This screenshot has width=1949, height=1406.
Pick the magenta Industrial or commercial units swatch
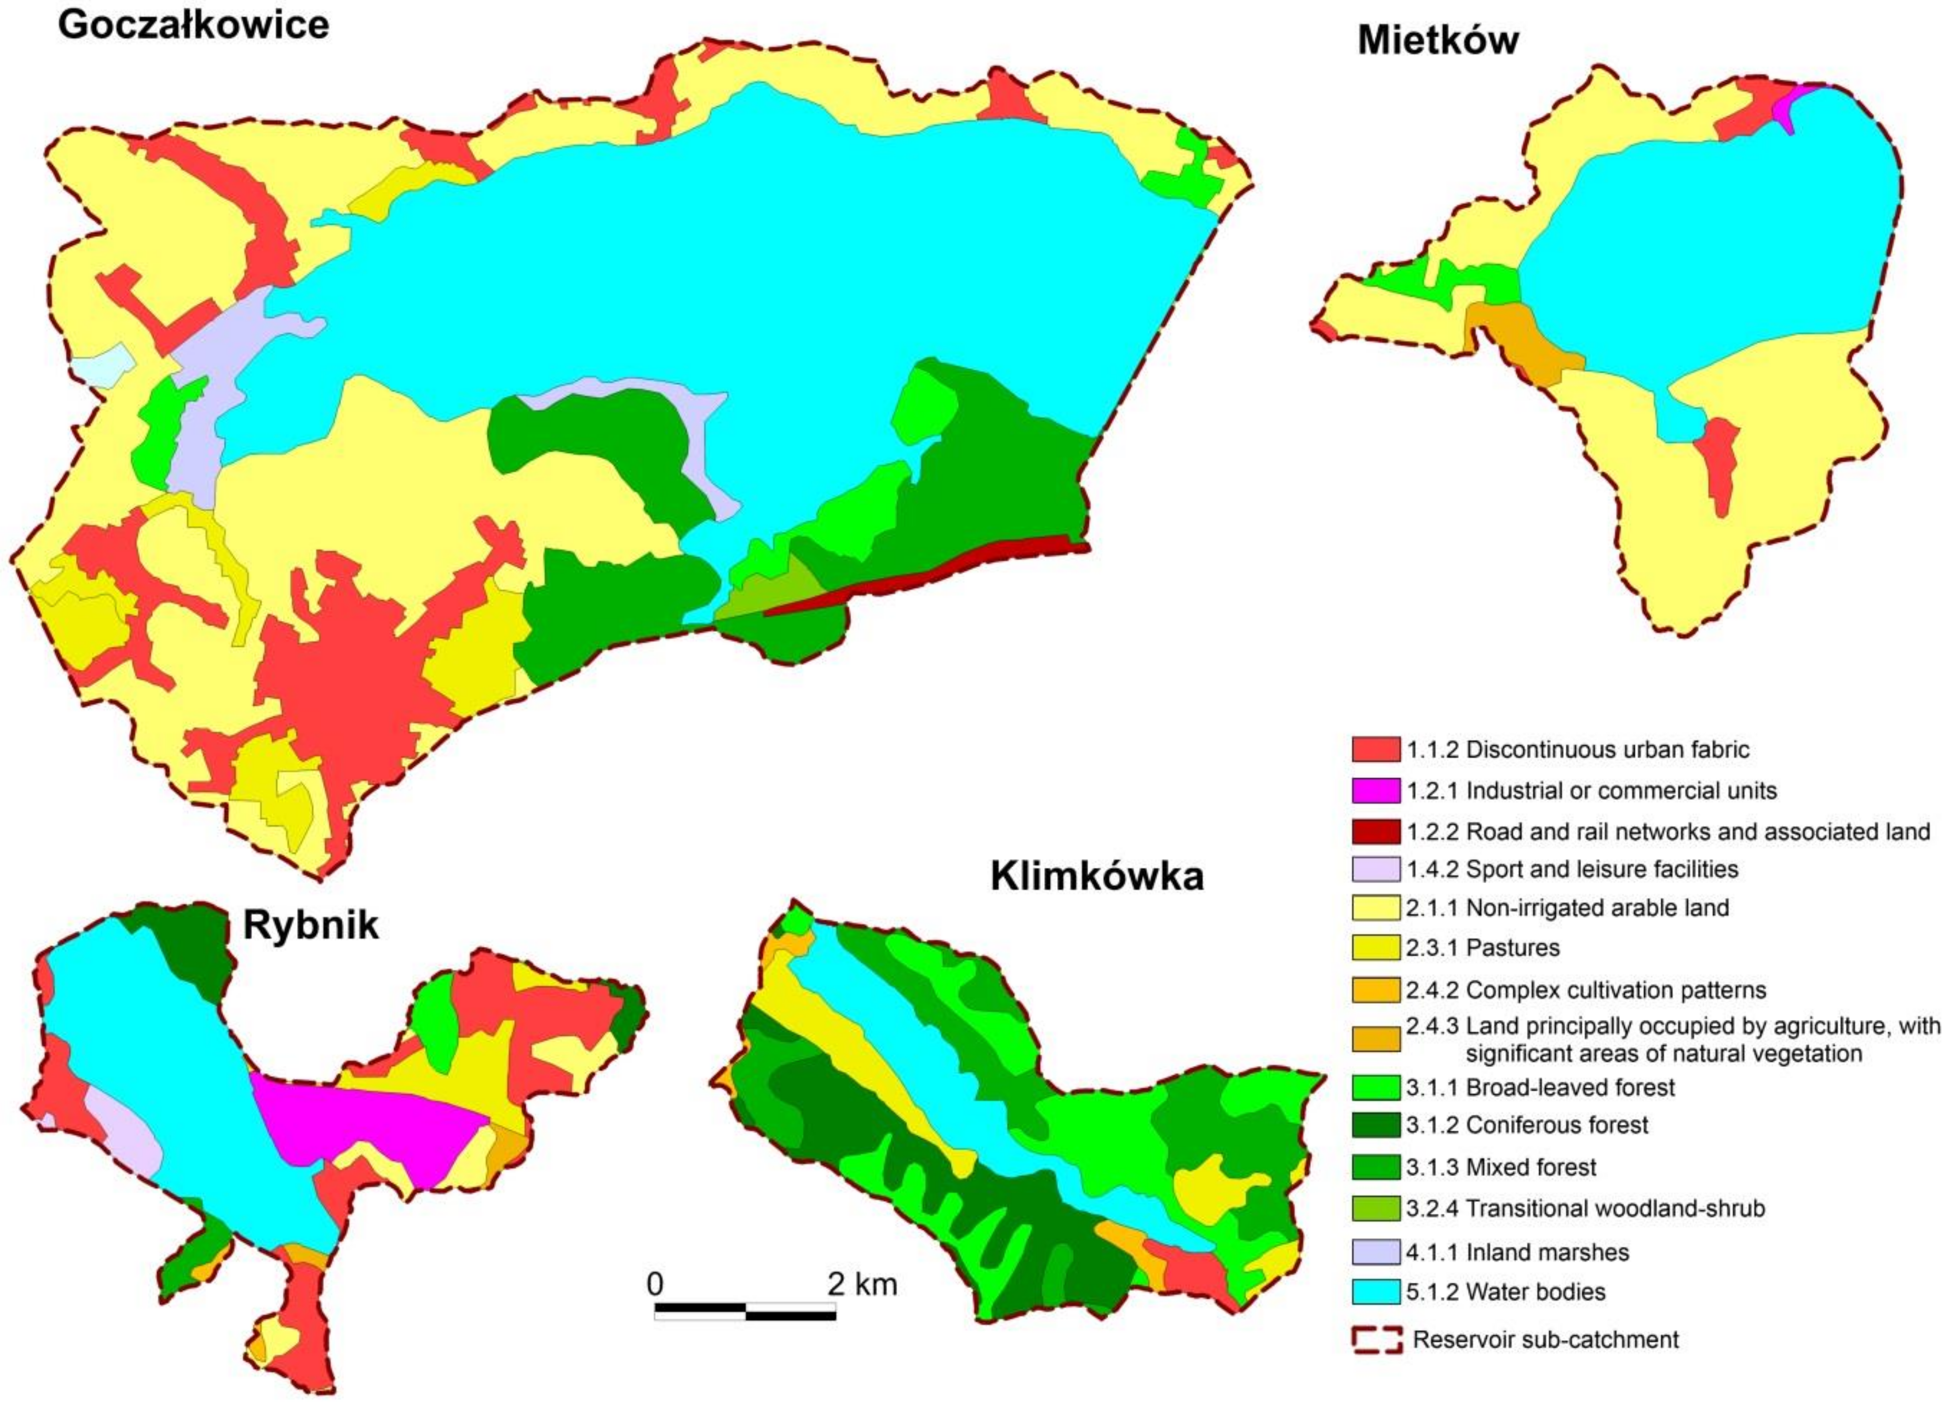point(1375,790)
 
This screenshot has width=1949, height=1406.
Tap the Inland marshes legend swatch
point(1375,1252)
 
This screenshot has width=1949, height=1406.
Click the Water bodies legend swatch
point(1375,1292)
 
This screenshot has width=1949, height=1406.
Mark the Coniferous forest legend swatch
point(1375,1125)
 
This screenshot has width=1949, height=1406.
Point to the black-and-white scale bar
point(745,1311)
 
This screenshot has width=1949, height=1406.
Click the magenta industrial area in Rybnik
point(370,1126)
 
